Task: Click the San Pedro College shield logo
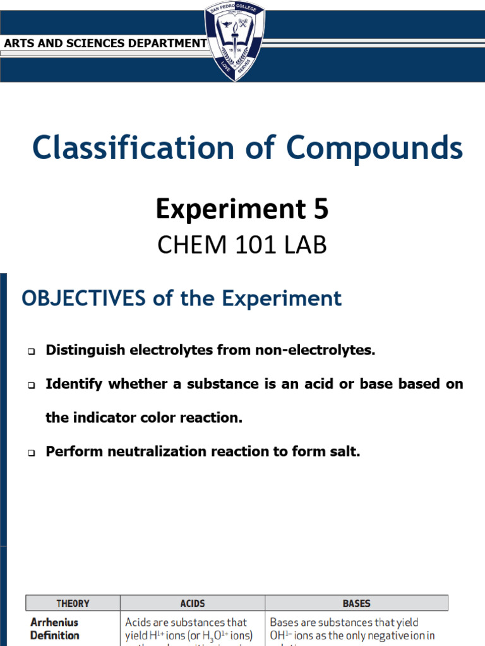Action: tap(234, 42)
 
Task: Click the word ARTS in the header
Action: tap(18, 44)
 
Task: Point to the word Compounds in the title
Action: tap(375, 148)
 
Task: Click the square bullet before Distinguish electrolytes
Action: tap(31, 351)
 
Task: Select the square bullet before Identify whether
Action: tap(31, 385)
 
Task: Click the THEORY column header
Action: tap(73, 603)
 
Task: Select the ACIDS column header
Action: tap(192, 603)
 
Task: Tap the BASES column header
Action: tap(356, 603)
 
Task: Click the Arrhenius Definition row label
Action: tap(56, 629)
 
